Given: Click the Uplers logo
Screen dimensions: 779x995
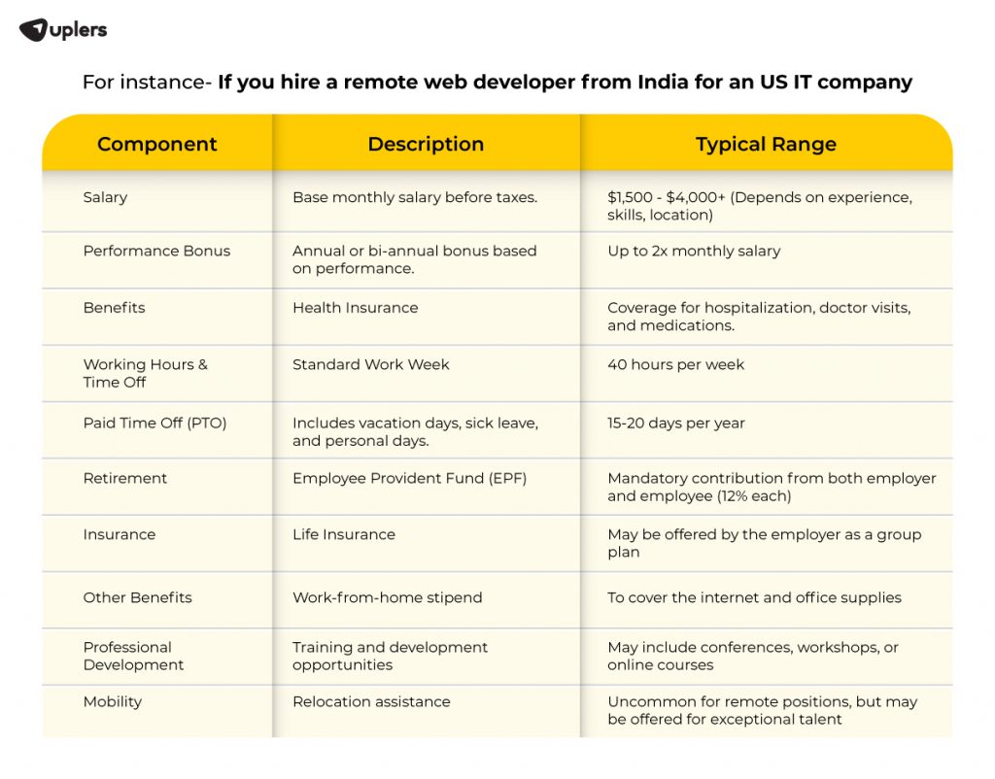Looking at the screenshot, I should [x=63, y=30].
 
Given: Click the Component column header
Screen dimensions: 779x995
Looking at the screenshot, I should [x=156, y=145].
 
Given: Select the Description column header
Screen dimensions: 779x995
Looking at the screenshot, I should [x=426, y=145].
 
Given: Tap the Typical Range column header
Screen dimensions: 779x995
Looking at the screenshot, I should [x=766, y=145].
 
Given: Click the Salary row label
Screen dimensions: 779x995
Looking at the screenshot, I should [x=105, y=197].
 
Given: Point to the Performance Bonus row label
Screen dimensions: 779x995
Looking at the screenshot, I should [x=156, y=251].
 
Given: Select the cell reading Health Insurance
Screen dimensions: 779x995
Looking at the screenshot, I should [x=355, y=308].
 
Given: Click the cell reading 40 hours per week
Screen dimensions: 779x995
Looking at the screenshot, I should [x=675, y=365].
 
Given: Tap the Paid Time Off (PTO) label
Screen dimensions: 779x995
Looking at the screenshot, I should [x=154, y=423].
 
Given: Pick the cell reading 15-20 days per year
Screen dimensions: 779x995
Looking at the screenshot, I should [x=675, y=423].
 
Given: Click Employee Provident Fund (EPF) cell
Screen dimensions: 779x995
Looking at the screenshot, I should [x=409, y=478].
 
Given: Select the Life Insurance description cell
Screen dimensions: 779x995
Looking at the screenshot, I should [x=343, y=534].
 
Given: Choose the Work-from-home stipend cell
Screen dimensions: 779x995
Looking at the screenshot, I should [x=387, y=597].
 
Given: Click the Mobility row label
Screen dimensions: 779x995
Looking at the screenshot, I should [x=112, y=701].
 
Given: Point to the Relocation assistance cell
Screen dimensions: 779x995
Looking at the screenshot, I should [x=371, y=701].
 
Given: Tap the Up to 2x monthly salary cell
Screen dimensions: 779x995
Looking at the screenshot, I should [x=694, y=251].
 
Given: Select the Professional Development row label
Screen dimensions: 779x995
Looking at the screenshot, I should [x=132, y=656].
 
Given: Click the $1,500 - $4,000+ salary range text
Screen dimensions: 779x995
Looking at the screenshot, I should [x=666, y=197].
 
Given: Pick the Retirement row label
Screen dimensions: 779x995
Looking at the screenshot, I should [x=124, y=478].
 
